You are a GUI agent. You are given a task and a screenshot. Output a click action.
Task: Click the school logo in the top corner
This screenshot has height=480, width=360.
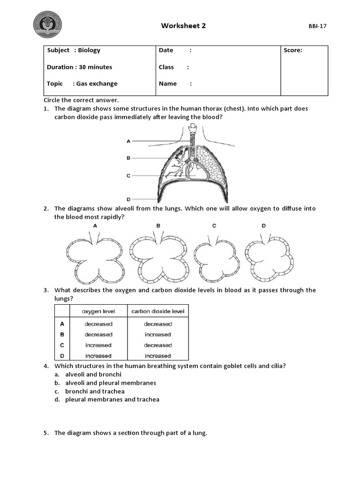point(47,25)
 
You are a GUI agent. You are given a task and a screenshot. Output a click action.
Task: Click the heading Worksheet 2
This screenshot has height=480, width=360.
point(183,26)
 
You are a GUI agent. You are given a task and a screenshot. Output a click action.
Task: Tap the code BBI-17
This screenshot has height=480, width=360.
point(317,26)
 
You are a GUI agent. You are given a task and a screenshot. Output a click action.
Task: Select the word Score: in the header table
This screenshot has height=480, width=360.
point(293,51)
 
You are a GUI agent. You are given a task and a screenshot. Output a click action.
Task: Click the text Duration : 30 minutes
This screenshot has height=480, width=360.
point(79,67)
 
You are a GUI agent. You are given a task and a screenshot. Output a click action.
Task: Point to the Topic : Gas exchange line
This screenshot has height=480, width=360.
point(82,83)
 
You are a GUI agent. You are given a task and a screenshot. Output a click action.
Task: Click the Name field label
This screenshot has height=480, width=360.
point(168,83)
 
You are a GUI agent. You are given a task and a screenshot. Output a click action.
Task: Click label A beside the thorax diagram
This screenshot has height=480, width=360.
point(128,141)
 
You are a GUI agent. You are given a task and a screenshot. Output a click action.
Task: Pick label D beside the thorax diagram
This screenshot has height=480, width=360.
point(128,198)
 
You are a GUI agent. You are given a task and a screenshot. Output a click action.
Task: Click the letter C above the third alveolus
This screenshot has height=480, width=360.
point(214,226)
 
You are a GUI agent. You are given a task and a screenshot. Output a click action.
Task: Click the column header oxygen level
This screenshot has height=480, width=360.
point(98,311)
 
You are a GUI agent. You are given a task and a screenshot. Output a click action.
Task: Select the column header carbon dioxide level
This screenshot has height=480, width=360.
point(157,311)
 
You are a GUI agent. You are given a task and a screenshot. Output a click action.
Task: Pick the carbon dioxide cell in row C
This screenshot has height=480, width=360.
point(157,345)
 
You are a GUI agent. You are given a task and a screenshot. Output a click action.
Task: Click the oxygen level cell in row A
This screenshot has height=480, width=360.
point(98,324)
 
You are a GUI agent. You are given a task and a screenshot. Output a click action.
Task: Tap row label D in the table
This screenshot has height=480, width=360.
point(62,356)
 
